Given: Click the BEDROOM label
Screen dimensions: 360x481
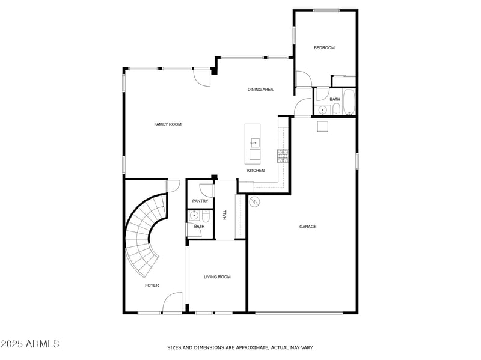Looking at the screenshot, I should pos(324,47).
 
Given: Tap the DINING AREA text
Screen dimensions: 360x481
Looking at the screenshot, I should pos(260,90).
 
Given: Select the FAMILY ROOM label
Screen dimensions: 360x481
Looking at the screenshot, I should pos(168,124).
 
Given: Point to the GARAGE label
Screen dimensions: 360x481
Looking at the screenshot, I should pos(308,227).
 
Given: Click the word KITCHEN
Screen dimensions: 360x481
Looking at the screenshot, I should pos(256,171).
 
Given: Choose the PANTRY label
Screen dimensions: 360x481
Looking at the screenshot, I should pos(200,201).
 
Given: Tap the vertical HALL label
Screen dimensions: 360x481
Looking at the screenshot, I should pos(225,214).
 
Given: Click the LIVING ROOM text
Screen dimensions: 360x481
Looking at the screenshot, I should pos(217,277).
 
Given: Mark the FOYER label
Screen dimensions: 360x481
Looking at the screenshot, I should pos(152,285).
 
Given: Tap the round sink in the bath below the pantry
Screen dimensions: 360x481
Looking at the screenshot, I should pos(194,215).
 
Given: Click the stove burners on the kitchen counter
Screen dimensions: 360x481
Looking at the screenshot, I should pos(283,156).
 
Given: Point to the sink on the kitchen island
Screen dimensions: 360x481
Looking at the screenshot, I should pos(254,142).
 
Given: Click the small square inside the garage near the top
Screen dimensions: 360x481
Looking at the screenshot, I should pos(323,126).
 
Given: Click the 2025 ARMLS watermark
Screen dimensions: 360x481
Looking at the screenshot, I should pos(30,344).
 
